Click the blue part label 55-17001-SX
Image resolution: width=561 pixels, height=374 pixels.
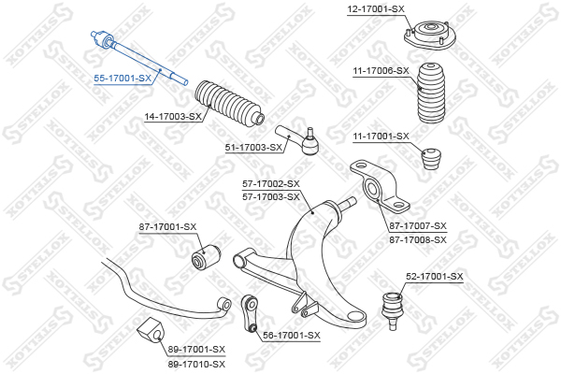122,78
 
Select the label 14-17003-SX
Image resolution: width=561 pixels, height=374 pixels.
173,116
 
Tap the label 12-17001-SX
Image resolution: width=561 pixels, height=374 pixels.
376,9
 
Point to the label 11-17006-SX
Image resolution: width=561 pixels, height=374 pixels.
381,71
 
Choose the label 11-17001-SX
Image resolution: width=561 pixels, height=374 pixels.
381,136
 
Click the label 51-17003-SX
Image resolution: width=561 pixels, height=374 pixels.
253,147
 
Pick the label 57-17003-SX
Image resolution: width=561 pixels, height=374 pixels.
271,196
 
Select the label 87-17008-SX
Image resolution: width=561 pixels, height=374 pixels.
418,239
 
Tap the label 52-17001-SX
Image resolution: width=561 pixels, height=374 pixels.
435,277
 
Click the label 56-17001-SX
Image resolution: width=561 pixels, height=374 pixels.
292,336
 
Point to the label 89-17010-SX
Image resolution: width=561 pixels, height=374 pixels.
196,364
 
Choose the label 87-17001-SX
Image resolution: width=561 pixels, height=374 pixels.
167,227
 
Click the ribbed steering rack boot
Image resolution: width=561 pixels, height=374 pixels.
229,103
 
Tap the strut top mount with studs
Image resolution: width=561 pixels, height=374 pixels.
429,36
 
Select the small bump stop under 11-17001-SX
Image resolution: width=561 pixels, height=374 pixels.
431,158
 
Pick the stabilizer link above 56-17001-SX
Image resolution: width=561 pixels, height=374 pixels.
250,313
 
